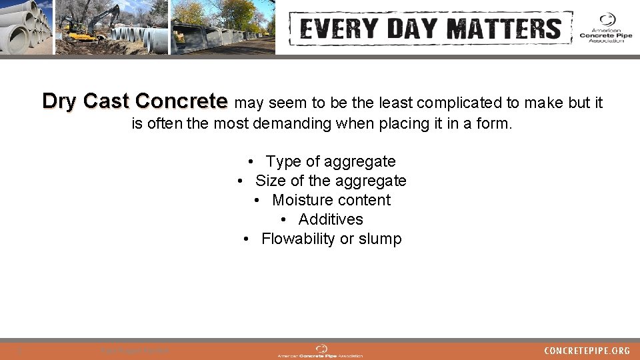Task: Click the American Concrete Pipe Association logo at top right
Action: point(605,28)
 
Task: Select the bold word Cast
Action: point(106,101)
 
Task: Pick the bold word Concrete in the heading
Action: point(181,101)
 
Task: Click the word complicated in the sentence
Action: point(461,103)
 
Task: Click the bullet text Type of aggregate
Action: point(330,161)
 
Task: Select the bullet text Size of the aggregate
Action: point(330,181)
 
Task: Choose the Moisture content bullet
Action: point(331,200)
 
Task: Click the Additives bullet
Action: point(330,219)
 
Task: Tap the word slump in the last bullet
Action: point(380,239)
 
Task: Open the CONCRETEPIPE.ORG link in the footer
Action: point(587,351)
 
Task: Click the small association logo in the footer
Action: point(321,351)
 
